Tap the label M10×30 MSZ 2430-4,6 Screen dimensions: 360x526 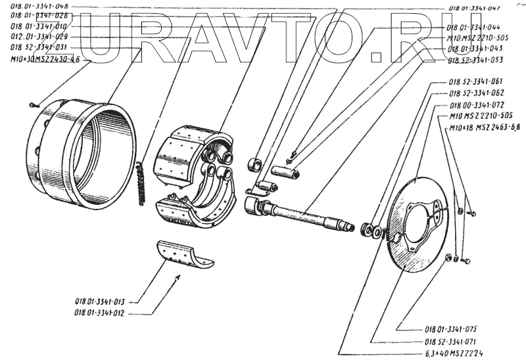tap(45, 59)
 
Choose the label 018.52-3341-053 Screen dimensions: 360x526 tap(476, 60)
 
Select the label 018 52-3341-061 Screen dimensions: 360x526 tap(475, 82)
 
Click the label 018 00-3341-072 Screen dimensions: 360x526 tap(477, 105)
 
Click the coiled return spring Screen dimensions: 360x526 tap(140, 183)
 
